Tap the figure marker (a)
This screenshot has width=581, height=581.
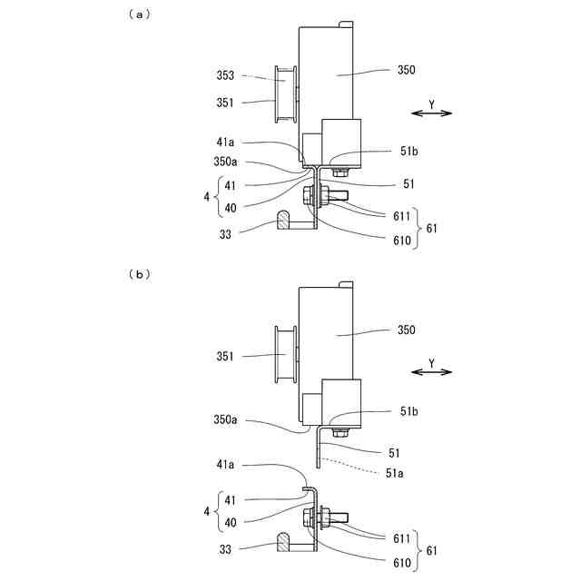(x=141, y=14)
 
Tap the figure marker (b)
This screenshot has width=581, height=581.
(x=141, y=273)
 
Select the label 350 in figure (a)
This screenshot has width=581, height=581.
(x=406, y=69)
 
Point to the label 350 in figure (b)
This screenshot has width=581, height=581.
(x=406, y=330)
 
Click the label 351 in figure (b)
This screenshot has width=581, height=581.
(x=226, y=357)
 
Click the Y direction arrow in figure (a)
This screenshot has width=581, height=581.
(x=432, y=113)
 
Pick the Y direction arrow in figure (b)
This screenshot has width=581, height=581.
(x=432, y=371)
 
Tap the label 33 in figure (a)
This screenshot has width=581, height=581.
(x=226, y=233)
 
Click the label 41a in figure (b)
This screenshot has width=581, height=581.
(x=226, y=465)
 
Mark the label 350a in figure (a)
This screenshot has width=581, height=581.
(x=226, y=162)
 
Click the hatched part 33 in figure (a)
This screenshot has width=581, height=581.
(x=283, y=220)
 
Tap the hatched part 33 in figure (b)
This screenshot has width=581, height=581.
(x=283, y=542)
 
